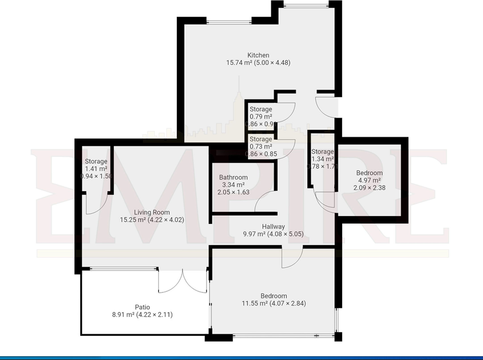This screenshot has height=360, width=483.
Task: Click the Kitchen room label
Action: click(x=258, y=55)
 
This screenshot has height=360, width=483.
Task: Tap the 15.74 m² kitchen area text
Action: click(x=258, y=63)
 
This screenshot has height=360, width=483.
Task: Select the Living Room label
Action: click(x=152, y=212)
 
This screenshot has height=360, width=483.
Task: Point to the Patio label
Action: click(x=142, y=307)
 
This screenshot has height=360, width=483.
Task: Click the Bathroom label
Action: click(x=233, y=177)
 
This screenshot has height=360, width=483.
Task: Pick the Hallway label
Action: click(x=273, y=226)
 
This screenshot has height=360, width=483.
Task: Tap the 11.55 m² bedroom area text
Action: click(x=274, y=303)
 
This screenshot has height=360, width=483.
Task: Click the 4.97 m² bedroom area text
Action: click(x=369, y=180)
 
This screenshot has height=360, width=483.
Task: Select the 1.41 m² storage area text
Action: click(x=96, y=169)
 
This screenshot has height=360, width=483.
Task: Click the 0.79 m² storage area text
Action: click(x=261, y=117)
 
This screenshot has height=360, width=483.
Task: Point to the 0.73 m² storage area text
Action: click(x=261, y=146)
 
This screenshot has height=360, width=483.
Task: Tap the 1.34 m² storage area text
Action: click(x=323, y=159)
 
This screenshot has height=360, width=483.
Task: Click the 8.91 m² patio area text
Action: click(x=142, y=315)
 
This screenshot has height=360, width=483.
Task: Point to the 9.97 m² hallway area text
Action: click(x=273, y=234)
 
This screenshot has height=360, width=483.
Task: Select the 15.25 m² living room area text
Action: click(x=152, y=220)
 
